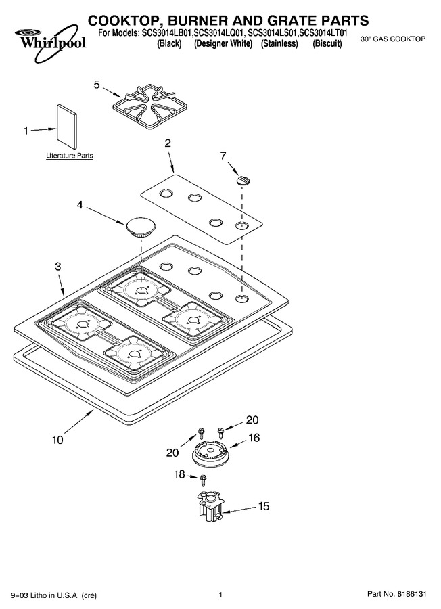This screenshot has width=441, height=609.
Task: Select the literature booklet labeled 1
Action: (67, 126)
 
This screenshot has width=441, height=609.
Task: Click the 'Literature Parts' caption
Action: (70, 156)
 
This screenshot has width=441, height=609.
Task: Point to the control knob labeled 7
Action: (243, 180)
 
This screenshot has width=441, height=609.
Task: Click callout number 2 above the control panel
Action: (168, 143)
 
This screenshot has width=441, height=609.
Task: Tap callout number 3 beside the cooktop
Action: (58, 267)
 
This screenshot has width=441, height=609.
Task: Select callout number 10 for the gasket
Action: (57, 440)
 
